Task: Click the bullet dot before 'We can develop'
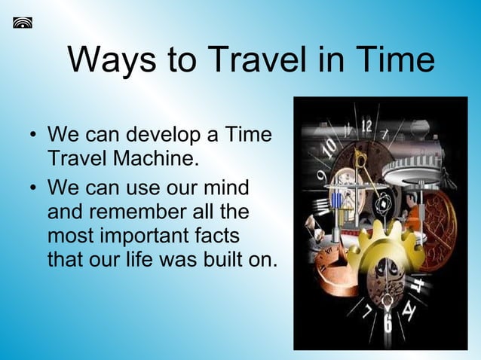[32, 138]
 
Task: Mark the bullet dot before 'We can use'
[32, 186]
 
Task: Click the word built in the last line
[224, 260]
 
